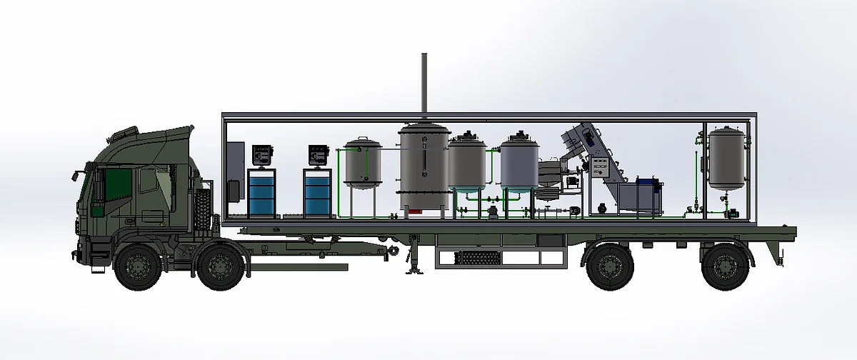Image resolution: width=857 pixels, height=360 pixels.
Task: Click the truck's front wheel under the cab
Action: click(136, 267)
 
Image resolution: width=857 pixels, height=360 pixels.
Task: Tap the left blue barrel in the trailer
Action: click(261, 194)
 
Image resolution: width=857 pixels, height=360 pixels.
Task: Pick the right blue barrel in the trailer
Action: click(316, 194)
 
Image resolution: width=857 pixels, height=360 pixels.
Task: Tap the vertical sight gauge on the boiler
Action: click(424, 161)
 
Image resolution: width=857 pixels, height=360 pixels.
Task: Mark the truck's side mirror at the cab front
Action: click(75, 176)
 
